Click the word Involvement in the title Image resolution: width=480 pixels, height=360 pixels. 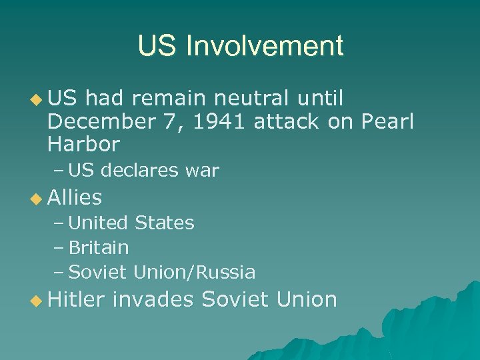265,46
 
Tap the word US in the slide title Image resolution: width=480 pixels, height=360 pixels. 158,46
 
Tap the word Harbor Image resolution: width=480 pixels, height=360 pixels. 84,143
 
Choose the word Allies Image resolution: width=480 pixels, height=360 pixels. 75,197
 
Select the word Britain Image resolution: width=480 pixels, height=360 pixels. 99,247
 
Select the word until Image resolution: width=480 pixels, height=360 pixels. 320,99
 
